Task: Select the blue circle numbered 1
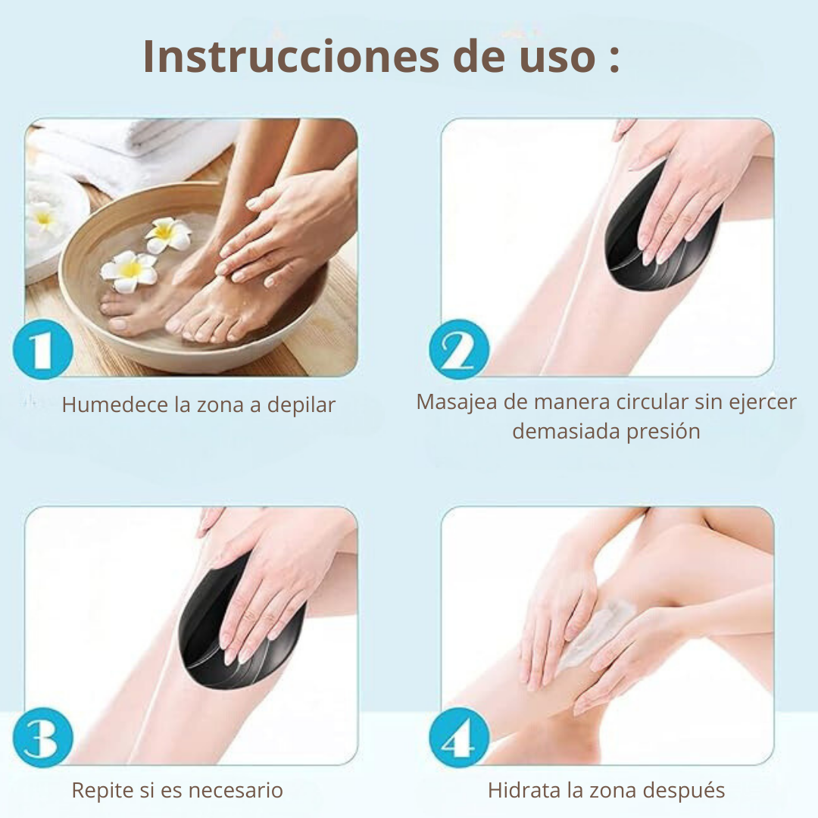pyautogui.click(x=42, y=349)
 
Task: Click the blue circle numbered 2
pyautogui.click(x=459, y=349)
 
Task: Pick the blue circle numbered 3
pyautogui.click(x=42, y=738)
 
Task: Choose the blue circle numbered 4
pyautogui.click(x=459, y=738)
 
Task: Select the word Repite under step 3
pyautogui.click(x=101, y=791)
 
